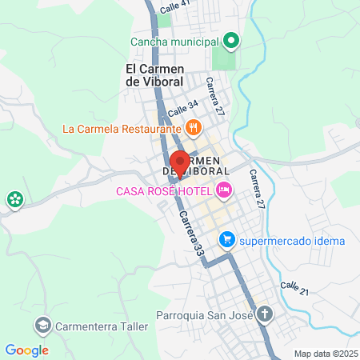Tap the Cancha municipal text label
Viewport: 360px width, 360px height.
pyautogui.click(x=175, y=42)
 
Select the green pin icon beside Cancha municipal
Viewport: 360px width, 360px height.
pyautogui.click(x=231, y=40)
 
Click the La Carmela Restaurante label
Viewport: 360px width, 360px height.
pyautogui.click(x=122, y=128)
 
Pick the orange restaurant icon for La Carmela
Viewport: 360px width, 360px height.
pyautogui.click(x=193, y=127)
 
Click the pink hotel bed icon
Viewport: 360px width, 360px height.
pyautogui.click(x=224, y=190)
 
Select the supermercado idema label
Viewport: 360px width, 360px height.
pyautogui.click(x=293, y=240)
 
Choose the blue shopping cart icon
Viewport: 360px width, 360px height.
pyautogui.click(x=227, y=239)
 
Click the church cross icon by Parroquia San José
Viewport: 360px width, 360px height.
pyautogui.click(x=263, y=314)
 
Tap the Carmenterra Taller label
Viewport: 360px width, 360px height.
pyautogui.click(x=98, y=326)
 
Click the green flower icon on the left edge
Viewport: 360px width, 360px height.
pyautogui.click(x=14, y=200)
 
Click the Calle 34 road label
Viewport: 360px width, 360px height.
pyautogui.click(x=183, y=106)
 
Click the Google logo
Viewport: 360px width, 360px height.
pyautogui.click(x=26, y=350)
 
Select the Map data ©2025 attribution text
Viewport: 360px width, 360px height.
pyautogui.click(x=326, y=354)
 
